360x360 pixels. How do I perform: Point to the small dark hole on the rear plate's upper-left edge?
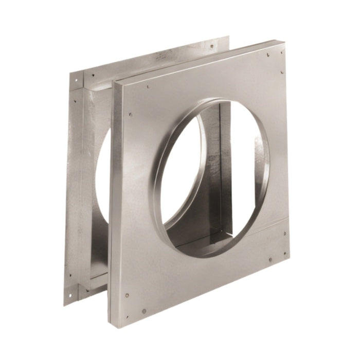(x=76, y=101)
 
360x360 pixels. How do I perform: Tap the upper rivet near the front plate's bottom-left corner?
(x=127, y=296)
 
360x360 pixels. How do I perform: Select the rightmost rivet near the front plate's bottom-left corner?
(x=144, y=311)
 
